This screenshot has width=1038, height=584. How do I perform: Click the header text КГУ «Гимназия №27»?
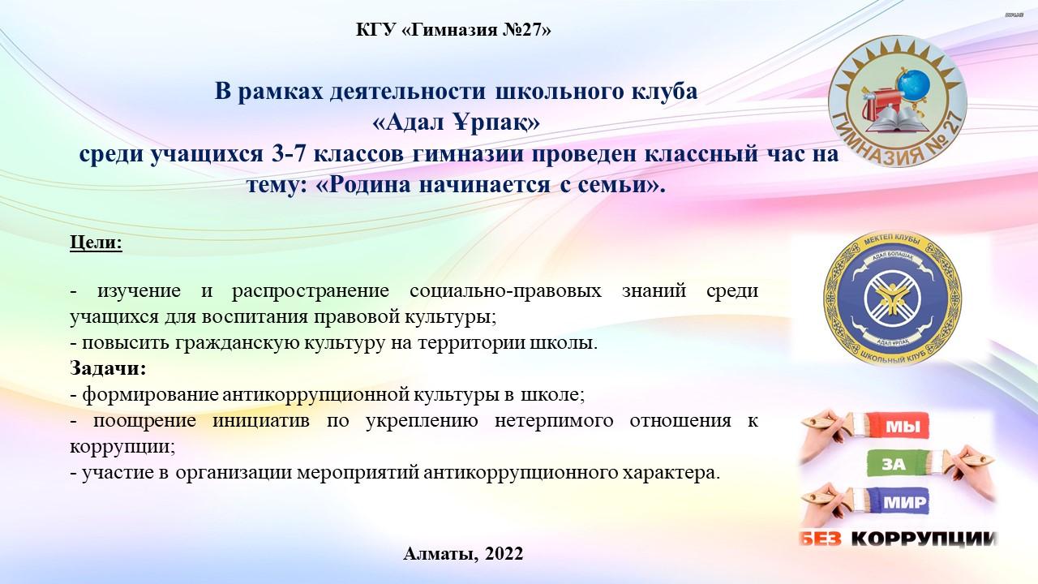453,30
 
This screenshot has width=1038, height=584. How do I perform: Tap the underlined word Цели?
96,242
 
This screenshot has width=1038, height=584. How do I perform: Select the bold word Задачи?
109,368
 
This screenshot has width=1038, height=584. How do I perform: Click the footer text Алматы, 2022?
463,553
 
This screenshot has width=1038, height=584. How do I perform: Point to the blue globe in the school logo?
913,84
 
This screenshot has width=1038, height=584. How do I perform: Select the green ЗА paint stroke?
892,463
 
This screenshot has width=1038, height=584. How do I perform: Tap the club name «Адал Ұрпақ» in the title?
456,122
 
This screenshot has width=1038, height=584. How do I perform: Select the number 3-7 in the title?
289,154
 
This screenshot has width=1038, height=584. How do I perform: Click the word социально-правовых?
505,290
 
